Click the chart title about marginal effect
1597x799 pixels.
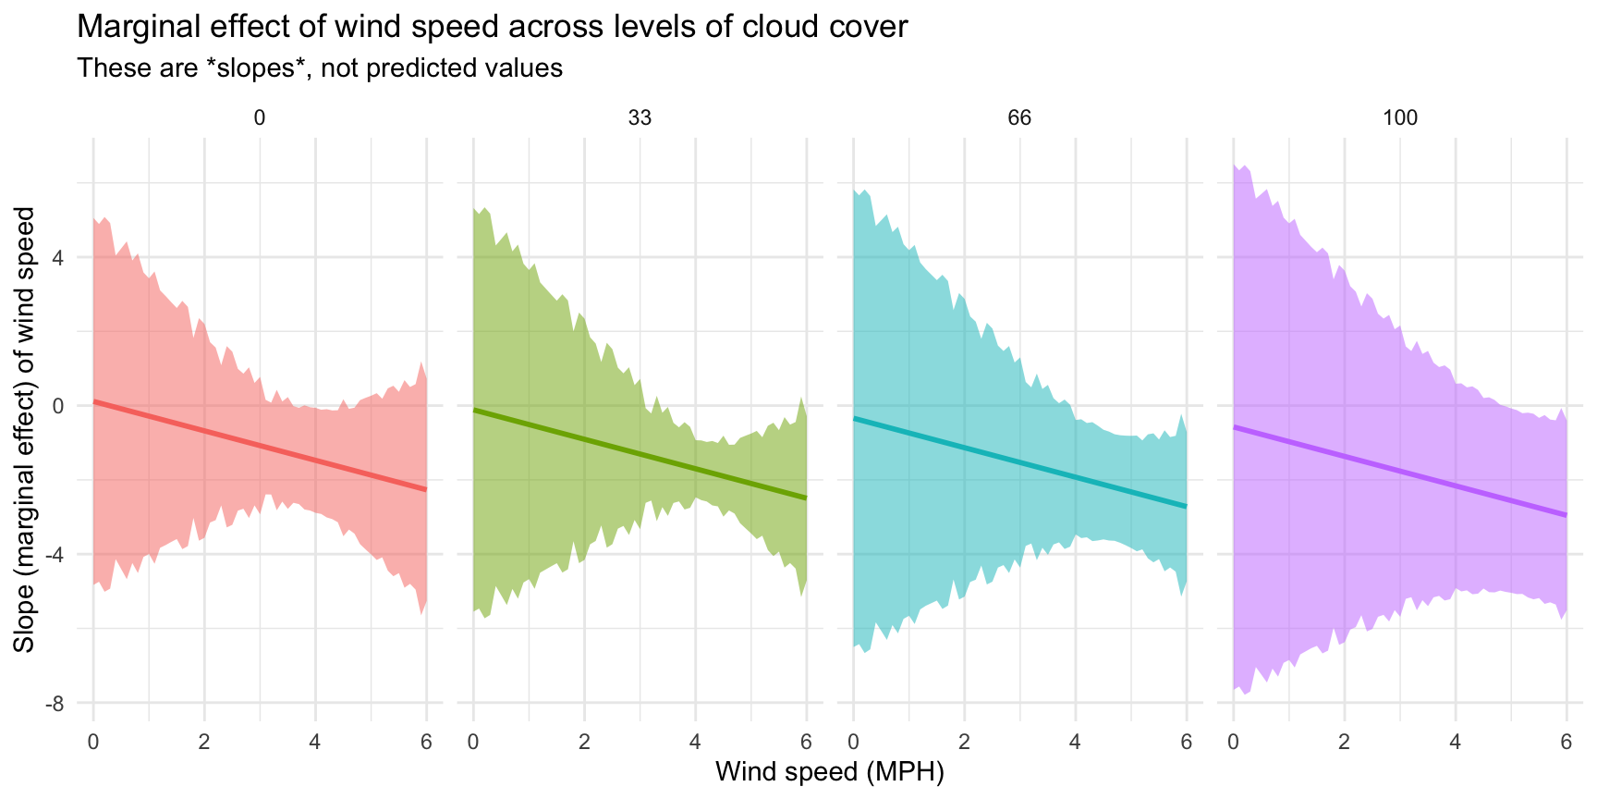point(492,27)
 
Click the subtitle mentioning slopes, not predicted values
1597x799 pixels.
point(320,68)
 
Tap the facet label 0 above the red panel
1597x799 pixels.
point(260,117)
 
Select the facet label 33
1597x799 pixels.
point(640,117)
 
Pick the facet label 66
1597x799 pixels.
point(1019,117)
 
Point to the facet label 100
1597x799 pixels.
point(1400,117)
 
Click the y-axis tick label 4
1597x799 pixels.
point(58,257)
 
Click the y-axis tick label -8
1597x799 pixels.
point(55,704)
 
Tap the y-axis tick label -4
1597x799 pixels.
point(55,555)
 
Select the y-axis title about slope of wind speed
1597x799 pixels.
point(25,429)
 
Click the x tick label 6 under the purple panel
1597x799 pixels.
point(1567,742)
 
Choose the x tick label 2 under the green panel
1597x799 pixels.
point(584,742)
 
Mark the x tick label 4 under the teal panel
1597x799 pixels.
point(1075,742)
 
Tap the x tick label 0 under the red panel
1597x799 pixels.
point(93,742)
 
